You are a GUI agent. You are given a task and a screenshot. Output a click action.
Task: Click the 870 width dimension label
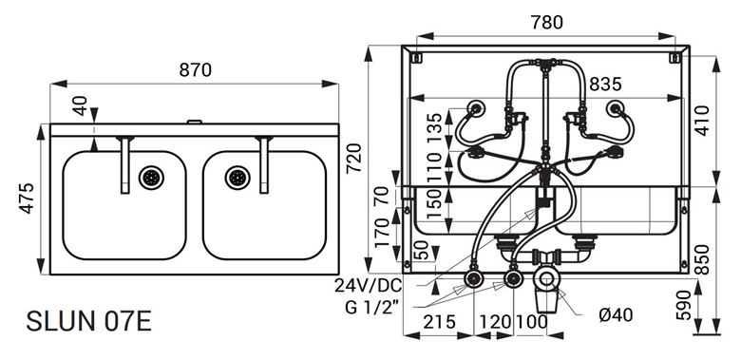point(195,70)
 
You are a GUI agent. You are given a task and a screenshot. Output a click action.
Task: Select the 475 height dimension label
point(28,199)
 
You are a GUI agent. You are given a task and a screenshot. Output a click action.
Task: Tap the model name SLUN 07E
point(89,321)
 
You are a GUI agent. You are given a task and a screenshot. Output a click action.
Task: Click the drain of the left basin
point(151,179)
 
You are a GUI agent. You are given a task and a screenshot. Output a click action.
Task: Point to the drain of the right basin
point(237,179)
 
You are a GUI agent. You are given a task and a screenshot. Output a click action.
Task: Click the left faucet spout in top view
point(125,165)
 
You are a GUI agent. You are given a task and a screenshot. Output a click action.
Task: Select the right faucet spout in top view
point(264,165)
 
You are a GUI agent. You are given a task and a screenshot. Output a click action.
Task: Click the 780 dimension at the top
point(547,22)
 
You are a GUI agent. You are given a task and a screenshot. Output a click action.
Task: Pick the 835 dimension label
point(606,85)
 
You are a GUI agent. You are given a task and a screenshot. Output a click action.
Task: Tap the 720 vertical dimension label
point(354,159)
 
